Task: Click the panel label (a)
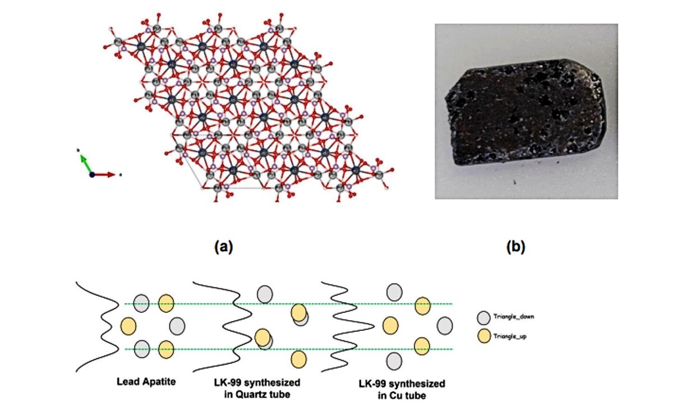tap(224, 247)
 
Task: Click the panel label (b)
tap(515, 247)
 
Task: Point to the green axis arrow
tap(86, 164)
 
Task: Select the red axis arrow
tap(104, 174)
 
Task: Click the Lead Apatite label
tap(146, 381)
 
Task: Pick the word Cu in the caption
tap(396, 396)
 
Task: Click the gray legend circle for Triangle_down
tap(483, 318)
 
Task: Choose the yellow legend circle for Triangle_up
tap(484, 336)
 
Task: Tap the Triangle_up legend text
tap(510, 336)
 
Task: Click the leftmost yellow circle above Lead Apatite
tap(128, 326)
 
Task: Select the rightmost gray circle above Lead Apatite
tap(177, 326)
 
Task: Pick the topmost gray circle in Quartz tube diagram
tap(265, 294)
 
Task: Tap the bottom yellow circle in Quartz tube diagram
tap(298, 359)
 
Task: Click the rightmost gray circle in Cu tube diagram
tap(445, 326)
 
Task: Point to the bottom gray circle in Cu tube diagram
tap(394, 361)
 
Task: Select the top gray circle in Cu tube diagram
tap(394, 292)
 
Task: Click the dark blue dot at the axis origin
tap(92, 174)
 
